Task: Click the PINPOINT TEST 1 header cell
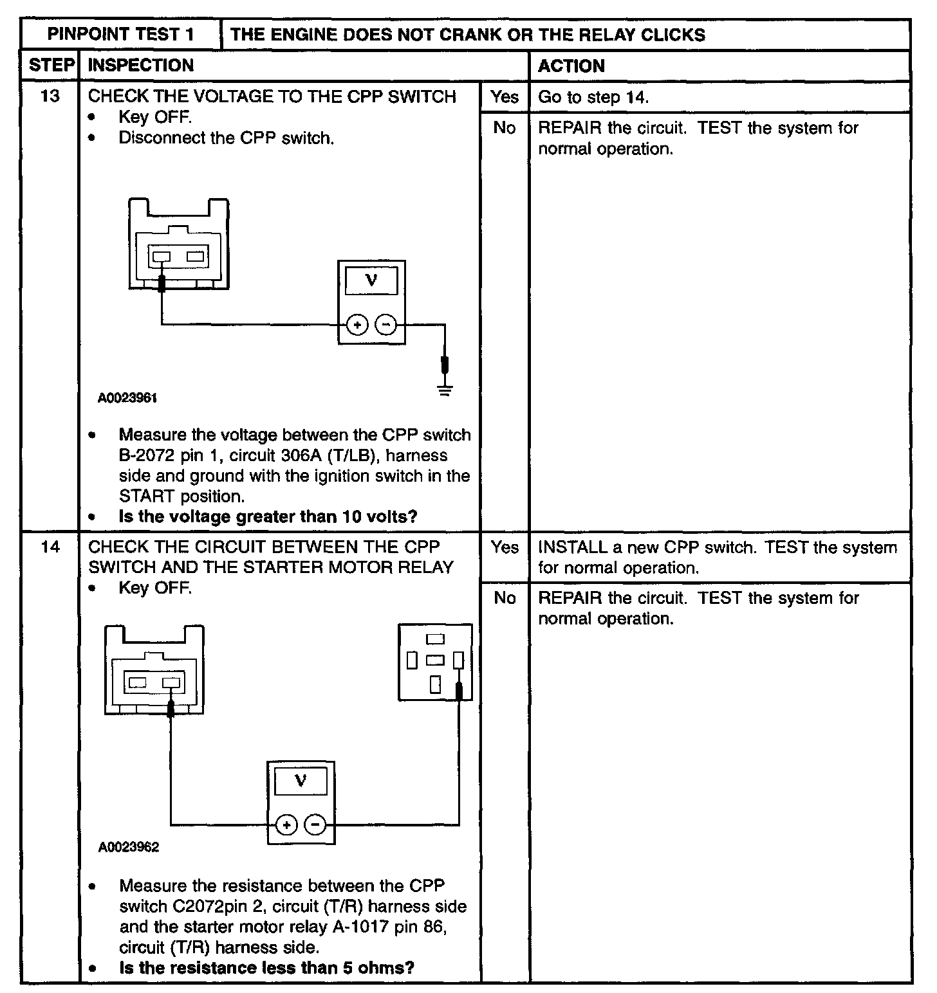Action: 121,34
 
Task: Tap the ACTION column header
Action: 571,66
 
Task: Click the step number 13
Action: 50,96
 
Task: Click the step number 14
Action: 50,547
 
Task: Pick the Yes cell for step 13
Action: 505,97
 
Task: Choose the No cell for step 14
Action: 505,598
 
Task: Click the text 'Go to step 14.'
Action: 593,97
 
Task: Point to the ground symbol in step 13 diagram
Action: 445,389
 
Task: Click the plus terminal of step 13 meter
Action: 357,325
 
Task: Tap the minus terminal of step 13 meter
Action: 386,325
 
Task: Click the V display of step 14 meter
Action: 301,781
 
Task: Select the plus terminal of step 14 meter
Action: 287,825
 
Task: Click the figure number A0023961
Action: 128,398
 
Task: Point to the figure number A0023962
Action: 129,847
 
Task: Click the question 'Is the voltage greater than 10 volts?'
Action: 268,516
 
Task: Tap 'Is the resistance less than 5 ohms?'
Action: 266,967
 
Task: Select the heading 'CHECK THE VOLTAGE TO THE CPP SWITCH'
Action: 272,96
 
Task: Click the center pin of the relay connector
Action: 436,660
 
